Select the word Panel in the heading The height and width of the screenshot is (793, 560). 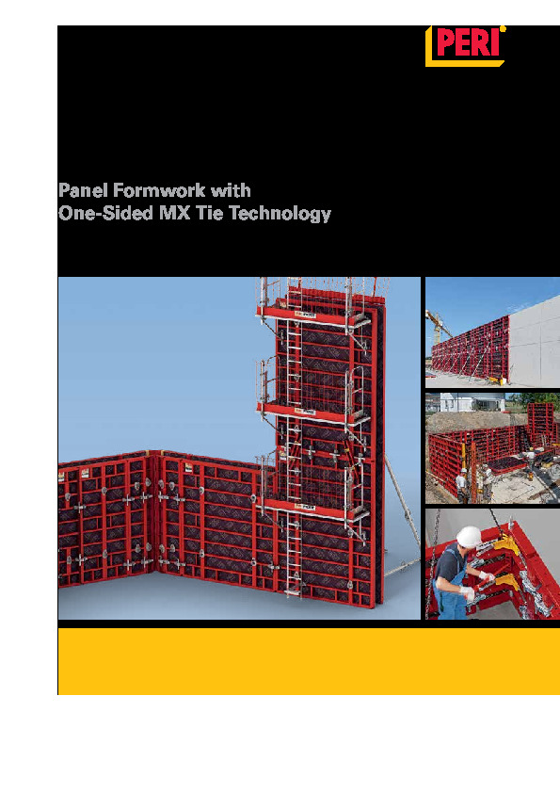click(83, 190)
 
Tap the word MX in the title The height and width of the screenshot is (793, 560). click(175, 213)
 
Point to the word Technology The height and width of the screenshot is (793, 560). click(280, 214)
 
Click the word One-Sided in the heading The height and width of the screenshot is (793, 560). click(106, 213)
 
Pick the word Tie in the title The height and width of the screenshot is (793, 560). click(209, 213)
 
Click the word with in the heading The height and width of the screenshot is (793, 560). click(231, 190)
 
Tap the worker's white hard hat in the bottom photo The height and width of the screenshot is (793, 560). click(469, 537)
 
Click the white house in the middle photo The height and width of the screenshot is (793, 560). click(472, 402)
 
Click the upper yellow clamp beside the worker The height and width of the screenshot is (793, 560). click(505, 546)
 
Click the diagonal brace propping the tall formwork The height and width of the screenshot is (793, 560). click(402, 501)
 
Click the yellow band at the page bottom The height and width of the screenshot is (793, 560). click(309, 661)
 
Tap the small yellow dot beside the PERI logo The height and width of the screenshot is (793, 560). click(503, 29)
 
